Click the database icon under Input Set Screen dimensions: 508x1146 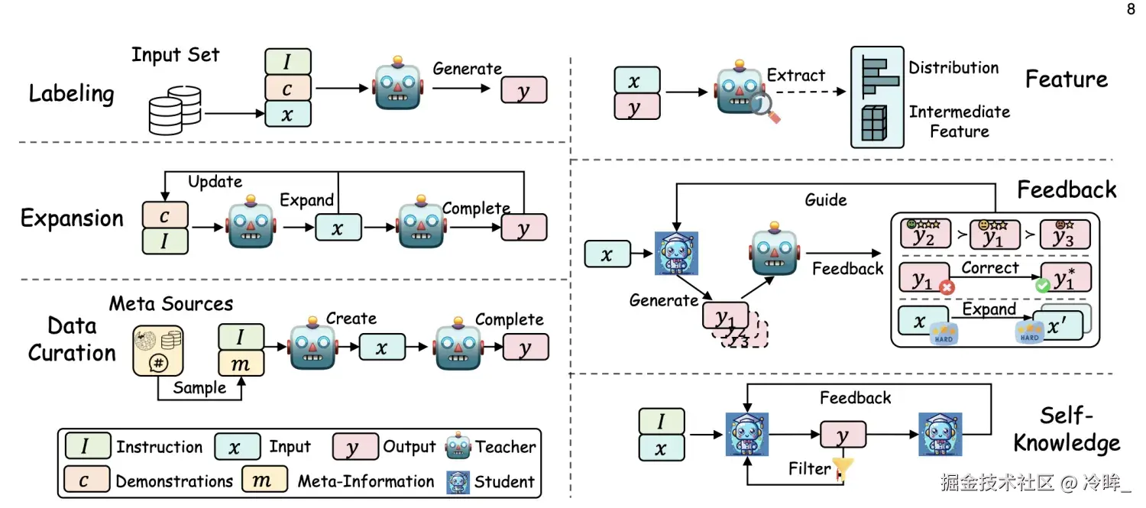coord(175,109)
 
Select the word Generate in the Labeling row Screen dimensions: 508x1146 coord(467,69)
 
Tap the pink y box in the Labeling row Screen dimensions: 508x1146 coord(524,90)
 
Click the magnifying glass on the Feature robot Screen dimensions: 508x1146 coord(765,108)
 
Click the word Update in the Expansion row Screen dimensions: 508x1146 coord(215,182)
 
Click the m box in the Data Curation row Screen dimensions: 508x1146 coord(241,364)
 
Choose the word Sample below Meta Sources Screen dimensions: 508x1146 coord(199,387)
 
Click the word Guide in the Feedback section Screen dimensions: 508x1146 coord(826,200)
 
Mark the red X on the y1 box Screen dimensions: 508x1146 coord(946,288)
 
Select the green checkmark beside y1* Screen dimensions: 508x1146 coord(1041,286)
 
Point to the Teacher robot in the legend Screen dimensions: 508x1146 coord(458,446)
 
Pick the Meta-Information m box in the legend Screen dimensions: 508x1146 coord(264,480)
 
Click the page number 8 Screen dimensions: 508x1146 coord(1131,10)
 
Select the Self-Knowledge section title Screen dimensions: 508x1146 coord(1079,429)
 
